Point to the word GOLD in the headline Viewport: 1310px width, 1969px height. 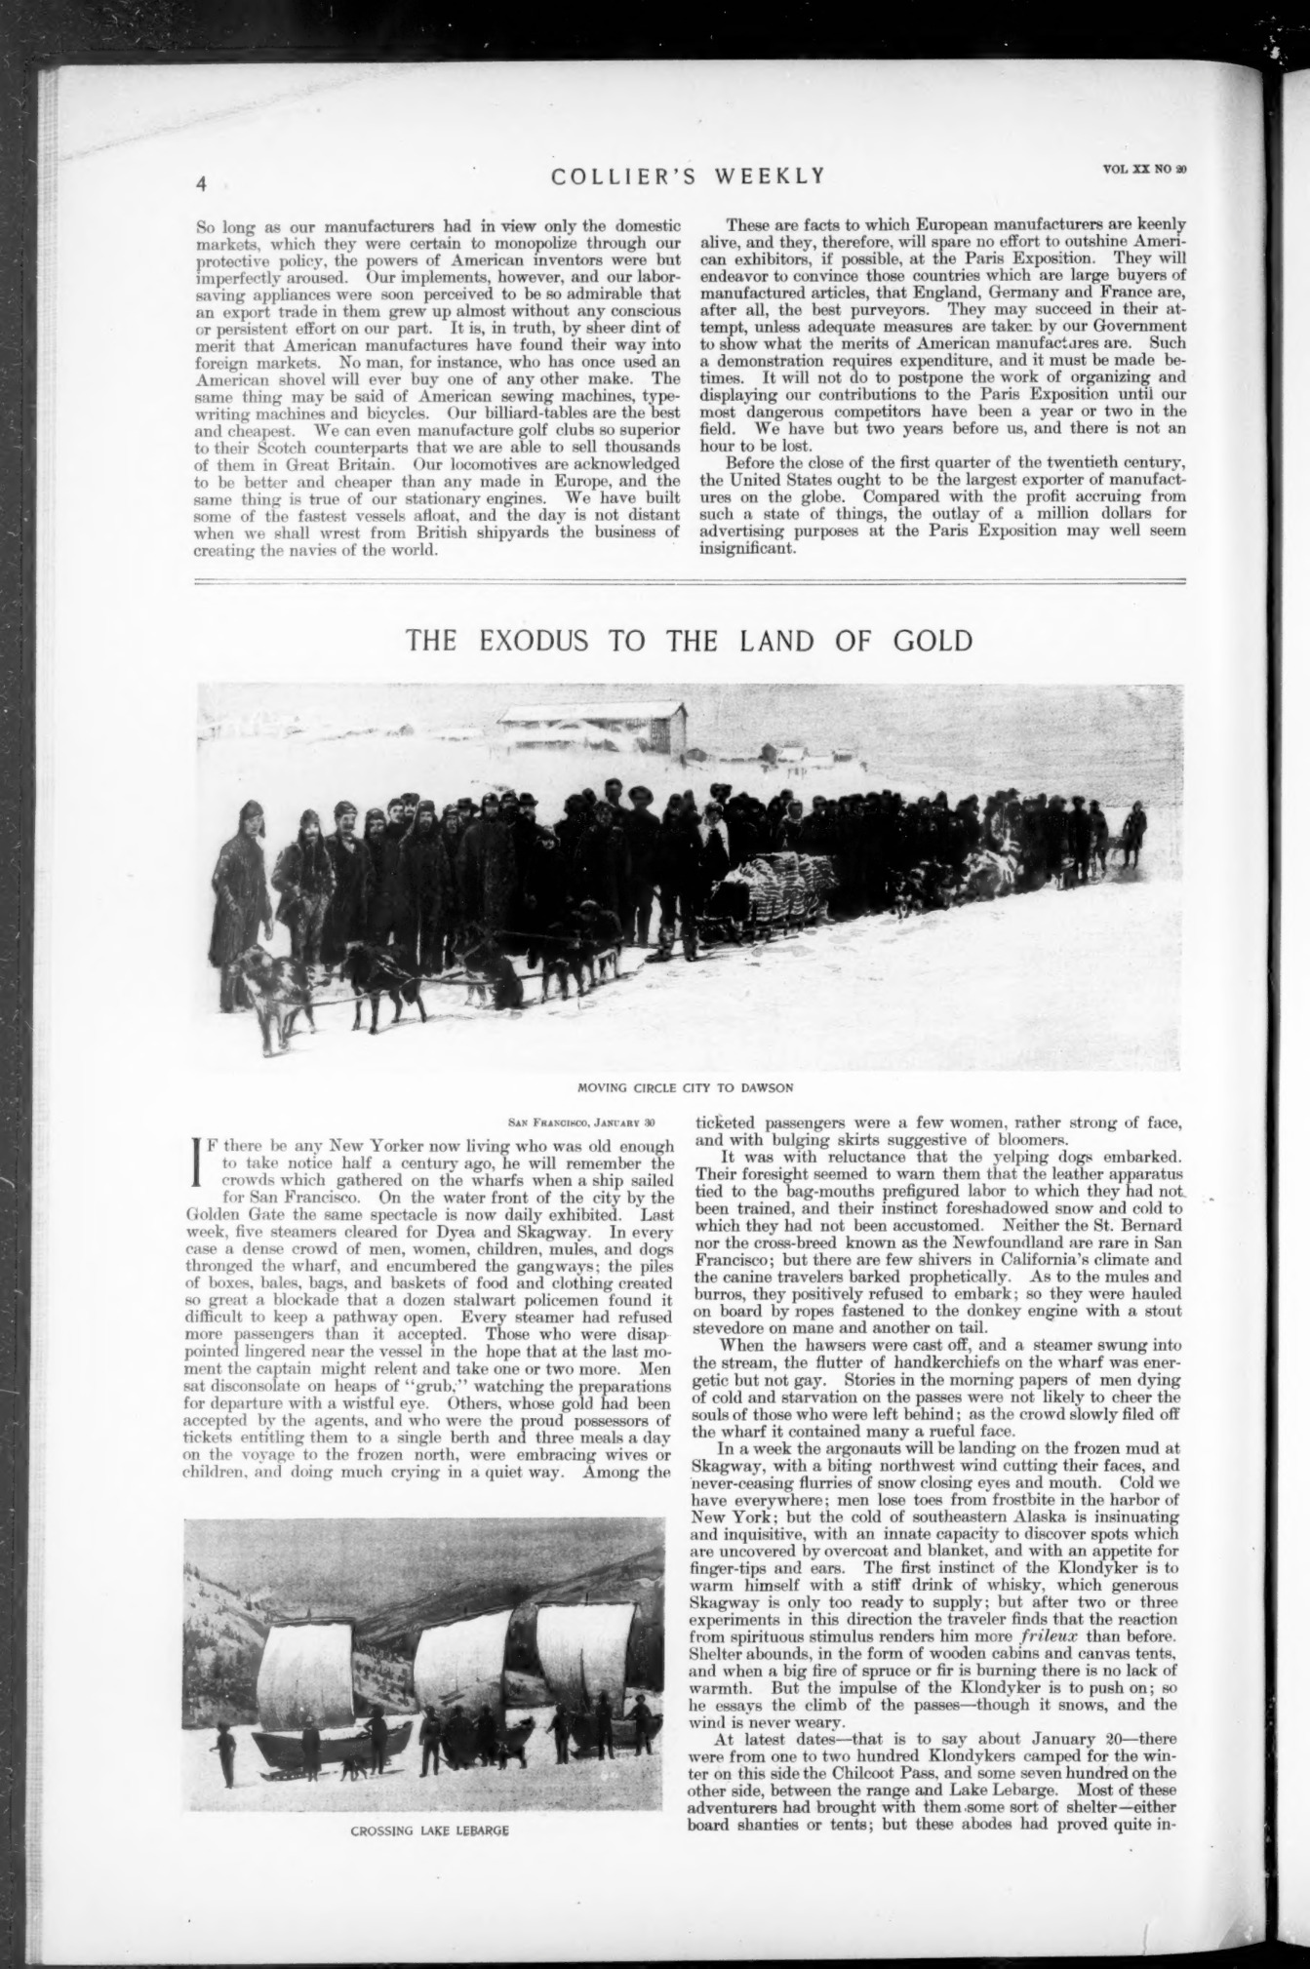click(x=932, y=641)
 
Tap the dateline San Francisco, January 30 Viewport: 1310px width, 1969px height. click(x=589, y=1123)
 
